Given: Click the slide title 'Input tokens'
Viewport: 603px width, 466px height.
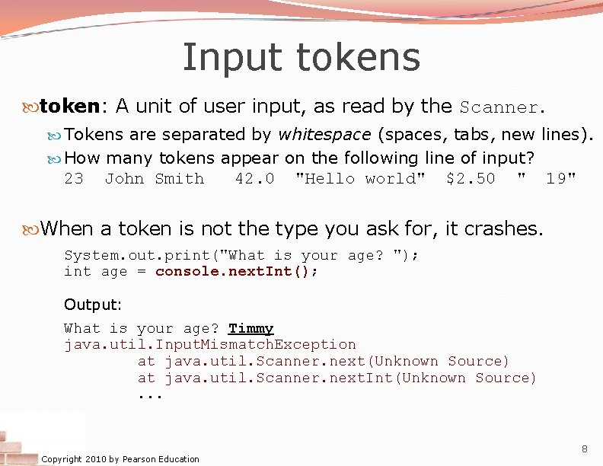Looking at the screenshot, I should pyautogui.click(x=301, y=57).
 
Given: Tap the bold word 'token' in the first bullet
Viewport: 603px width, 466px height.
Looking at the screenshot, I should pyautogui.click(x=69, y=106).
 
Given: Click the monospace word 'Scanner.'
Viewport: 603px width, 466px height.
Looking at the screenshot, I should pyautogui.click(x=502, y=107).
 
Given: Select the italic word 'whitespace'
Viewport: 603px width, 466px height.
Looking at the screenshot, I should pyautogui.click(x=321, y=135).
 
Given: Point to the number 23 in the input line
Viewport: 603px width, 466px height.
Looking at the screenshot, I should pyautogui.click(x=74, y=179).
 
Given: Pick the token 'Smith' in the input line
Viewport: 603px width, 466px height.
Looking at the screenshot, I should pyautogui.click(x=180, y=179).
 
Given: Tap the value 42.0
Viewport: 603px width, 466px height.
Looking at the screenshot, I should pyautogui.click(x=254, y=179).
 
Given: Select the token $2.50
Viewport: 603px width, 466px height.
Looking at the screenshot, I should pyautogui.click(x=471, y=179).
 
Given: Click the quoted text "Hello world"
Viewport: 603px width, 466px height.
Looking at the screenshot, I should pyautogui.click(x=360, y=179).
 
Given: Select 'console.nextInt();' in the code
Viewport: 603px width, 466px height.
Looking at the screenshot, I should pyautogui.click(x=237, y=272).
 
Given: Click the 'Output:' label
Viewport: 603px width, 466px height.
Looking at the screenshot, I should pyautogui.click(x=93, y=305).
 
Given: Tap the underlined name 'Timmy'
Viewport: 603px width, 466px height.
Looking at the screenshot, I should pyautogui.click(x=250, y=329).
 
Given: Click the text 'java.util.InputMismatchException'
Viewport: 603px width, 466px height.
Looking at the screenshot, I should pyautogui.click(x=210, y=345).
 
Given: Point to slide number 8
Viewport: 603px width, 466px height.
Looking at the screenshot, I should pyautogui.click(x=585, y=448).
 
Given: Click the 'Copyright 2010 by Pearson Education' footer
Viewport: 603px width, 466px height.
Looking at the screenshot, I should pyautogui.click(x=120, y=459).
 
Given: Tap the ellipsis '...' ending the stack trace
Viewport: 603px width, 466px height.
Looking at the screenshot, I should pyautogui.click(x=150, y=395).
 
